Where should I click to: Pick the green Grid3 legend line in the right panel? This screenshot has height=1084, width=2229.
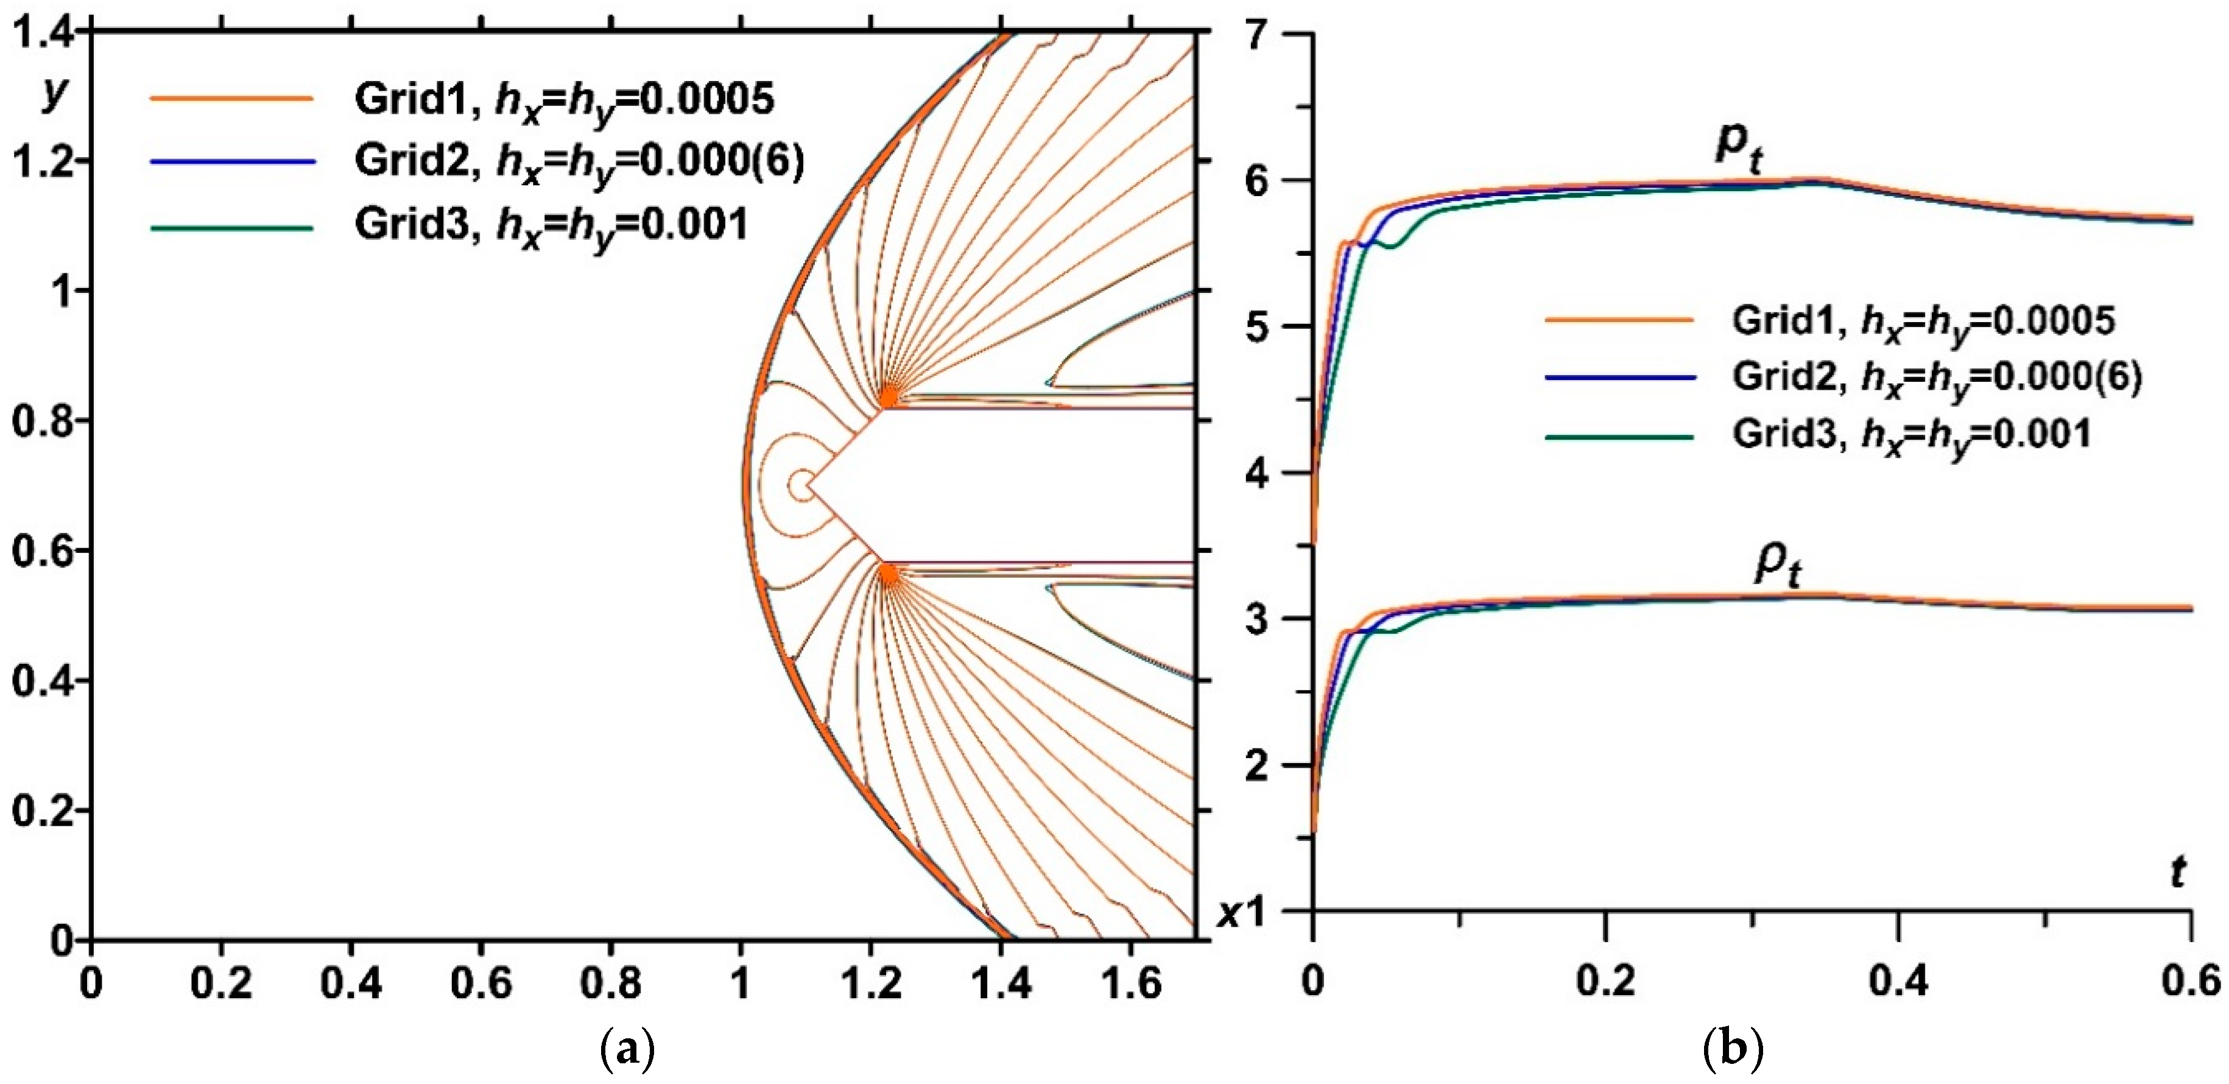point(1619,437)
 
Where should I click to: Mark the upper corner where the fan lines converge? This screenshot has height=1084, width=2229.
point(888,397)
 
